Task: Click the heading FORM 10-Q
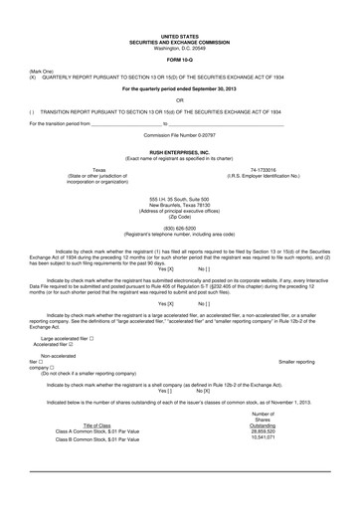point(179,59)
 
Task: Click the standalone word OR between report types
point(179,99)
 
